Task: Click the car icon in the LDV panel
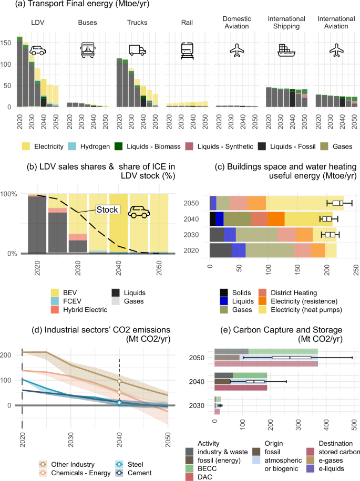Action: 37,50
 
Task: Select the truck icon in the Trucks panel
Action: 137,50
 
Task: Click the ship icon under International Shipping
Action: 287,50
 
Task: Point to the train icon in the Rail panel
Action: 187,50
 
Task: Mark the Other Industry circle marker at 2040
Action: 119,381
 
